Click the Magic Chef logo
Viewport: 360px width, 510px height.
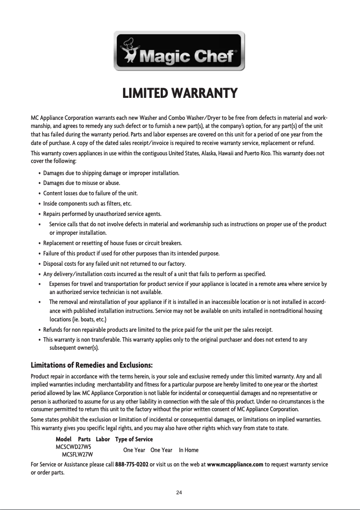click(x=180, y=51)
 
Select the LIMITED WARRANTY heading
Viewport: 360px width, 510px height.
click(x=180, y=94)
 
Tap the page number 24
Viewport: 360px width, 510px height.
click(x=179, y=493)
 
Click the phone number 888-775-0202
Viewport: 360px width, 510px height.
click(x=132, y=464)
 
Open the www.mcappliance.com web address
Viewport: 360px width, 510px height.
click(x=235, y=464)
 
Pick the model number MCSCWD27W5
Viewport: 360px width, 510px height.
click(x=73, y=447)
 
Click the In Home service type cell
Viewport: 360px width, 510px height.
click(x=189, y=450)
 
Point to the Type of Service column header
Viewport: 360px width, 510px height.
click(x=134, y=439)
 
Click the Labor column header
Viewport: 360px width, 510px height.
click(x=103, y=439)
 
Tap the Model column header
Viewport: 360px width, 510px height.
click(x=64, y=439)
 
